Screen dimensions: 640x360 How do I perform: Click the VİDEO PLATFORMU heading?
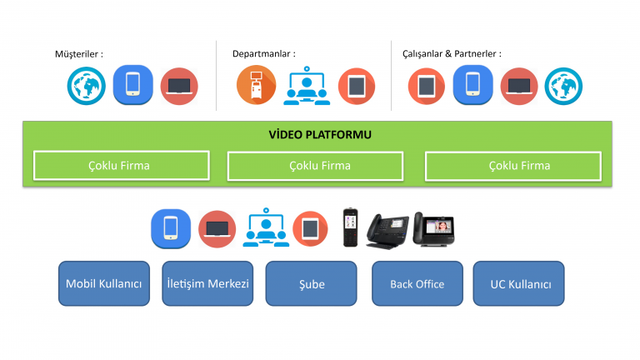pos(320,135)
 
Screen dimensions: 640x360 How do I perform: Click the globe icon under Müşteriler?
pos(87,86)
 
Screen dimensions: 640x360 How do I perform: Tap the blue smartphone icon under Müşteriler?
pos(133,85)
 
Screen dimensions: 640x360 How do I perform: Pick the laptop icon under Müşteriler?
pos(179,86)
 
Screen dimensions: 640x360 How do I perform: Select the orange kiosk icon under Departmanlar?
pos(257,85)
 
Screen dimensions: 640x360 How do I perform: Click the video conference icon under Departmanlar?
pos(307,86)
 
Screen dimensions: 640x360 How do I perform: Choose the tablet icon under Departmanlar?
pos(357,86)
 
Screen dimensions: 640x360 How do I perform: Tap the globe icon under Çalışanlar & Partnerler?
pos(563,86)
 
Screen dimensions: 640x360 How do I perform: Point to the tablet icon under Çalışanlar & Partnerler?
pos(427,86)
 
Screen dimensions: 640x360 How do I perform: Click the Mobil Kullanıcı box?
pos(104,283)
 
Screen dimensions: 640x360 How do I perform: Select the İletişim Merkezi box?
pos(207,283)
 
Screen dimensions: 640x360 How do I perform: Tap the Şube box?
pos(312,283)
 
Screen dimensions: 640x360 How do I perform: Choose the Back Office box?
pos(417,283)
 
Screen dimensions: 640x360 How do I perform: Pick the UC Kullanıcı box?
pos(519,283)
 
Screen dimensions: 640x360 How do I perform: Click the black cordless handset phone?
pos(350,227)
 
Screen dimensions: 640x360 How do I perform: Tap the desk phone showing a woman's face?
pos(434,229)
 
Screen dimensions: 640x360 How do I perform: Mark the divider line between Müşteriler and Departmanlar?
pos(217,76)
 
